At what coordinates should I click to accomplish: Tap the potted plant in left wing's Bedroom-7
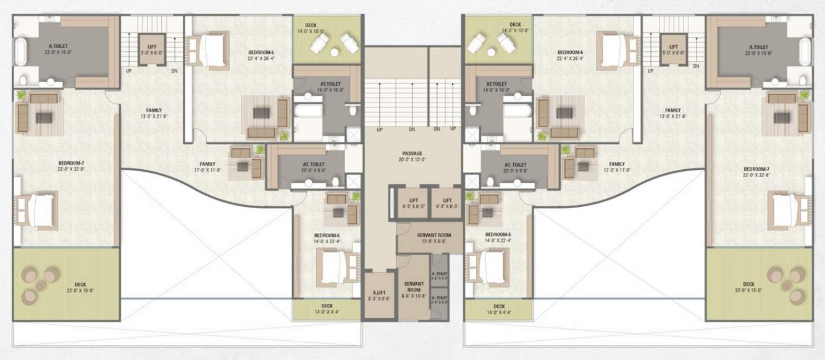coord(22,94)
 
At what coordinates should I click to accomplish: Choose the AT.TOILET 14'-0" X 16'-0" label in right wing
coord(496,86)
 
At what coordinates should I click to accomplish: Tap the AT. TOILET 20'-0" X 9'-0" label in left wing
coord(310,167)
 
